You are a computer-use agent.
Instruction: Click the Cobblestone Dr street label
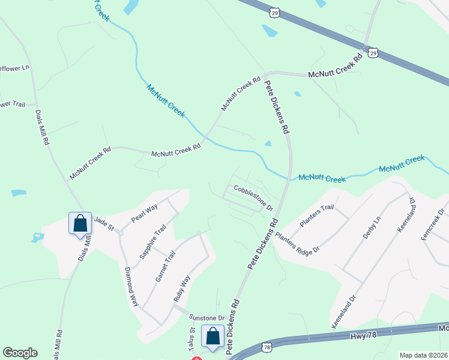coord(253,197)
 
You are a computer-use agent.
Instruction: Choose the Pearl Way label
coord(144,214)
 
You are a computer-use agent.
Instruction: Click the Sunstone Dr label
coord(206,317)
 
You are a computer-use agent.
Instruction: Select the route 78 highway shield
coord(267,347)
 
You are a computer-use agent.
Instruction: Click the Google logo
coord(20,353)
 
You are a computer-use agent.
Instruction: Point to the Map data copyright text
coord(423,355)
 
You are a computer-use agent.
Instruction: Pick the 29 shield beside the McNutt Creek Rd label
coord(373,52)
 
